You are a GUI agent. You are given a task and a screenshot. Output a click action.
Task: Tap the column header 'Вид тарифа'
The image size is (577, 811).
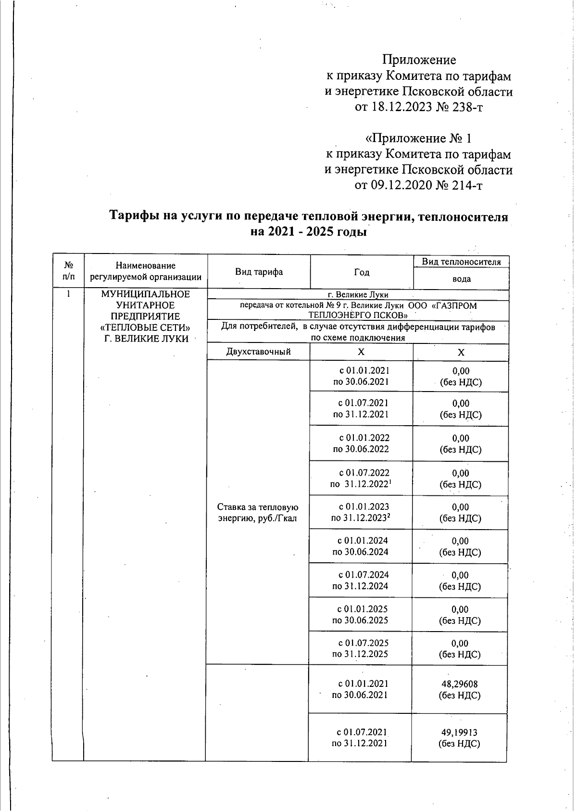pyautogui.click(x=259, y=272)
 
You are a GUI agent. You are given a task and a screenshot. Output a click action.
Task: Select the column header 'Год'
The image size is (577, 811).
pyautogui.click(x=362, y=272)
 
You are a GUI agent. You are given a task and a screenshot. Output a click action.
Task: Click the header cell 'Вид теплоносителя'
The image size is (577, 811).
pyautogui.click(x=461, y=262)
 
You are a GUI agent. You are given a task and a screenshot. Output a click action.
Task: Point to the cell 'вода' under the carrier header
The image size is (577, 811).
pyautogui.click(x=461, y=279)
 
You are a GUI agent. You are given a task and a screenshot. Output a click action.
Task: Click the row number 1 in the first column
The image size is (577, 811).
pyautogui.click(x=68, y=294)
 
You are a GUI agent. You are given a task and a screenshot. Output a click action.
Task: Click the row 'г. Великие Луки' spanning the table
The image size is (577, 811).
pyautogui.click(x=362, y=294)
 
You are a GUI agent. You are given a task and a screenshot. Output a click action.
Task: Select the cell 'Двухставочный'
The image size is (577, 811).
pyautogui.click(x=259, y=352)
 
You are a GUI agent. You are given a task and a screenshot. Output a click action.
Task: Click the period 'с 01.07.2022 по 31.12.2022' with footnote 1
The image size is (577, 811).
pyautogui.click(x=361, y=479)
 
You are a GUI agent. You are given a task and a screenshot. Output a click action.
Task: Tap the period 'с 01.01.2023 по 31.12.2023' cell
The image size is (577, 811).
pyautogui.click(x=361, y=512)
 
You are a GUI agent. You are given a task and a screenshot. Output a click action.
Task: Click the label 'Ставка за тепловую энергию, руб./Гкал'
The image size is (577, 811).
pyautogui.click(x=258, y=512)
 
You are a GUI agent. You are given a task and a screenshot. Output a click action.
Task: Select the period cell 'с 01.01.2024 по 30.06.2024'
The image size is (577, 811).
pyautogui.click(x=361, y=546)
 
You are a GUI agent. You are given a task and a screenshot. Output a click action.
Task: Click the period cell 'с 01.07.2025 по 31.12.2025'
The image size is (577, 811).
pyautogui.click(x=361, y=648)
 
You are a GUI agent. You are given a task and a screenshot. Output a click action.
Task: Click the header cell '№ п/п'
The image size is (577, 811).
pyautogui.click(x=68, y=271)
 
